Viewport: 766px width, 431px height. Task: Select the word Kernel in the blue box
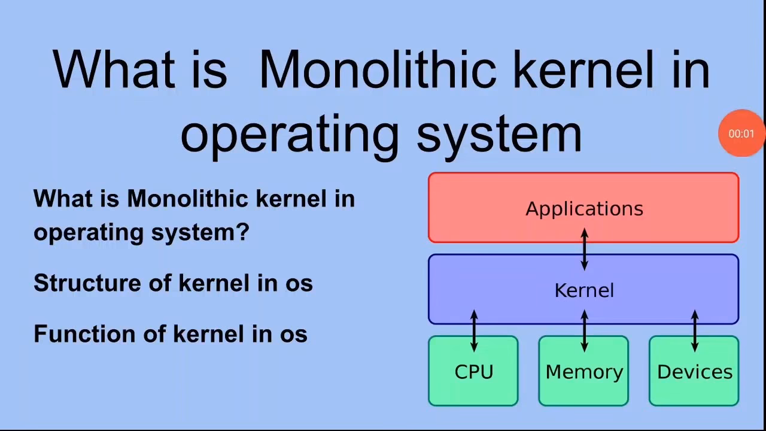tap(584, 291)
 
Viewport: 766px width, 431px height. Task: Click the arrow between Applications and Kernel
tap(585, 248)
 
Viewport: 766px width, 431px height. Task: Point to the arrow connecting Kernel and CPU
tap(474, 330)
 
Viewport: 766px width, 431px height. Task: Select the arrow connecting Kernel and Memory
tap(585, 330)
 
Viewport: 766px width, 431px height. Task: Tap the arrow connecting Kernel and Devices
tap(695, 330)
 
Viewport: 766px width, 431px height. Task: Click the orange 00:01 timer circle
tap(741, 133)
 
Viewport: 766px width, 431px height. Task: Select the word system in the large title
tap(498, 134)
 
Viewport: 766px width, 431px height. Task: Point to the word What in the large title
tap(114, 69)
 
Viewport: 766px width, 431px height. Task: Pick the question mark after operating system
tap(242, 231)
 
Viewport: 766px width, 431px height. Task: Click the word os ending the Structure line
tap(299, 283)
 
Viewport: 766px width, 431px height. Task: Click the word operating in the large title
tap(289, 134)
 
